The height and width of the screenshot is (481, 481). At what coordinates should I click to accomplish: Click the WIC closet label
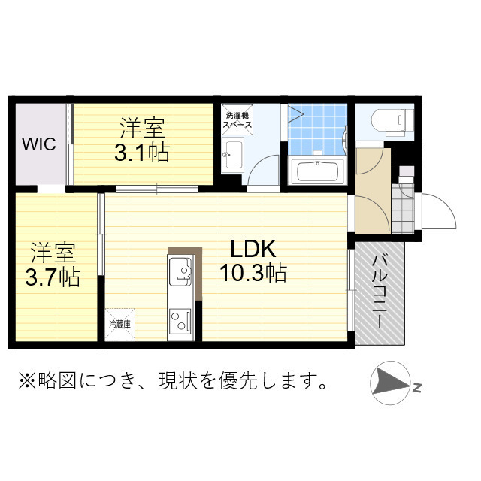point(38,144)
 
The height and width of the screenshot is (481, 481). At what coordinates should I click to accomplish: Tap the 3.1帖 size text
point(141,153)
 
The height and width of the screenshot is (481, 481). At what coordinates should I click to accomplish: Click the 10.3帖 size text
point(253,273)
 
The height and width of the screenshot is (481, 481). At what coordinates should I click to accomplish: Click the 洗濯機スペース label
point(237,121)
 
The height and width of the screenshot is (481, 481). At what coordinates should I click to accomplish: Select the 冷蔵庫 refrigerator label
point(120,325)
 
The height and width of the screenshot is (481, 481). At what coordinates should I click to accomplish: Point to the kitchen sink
point(181,269)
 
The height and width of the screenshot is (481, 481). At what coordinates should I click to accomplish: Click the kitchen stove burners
point(181,322)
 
